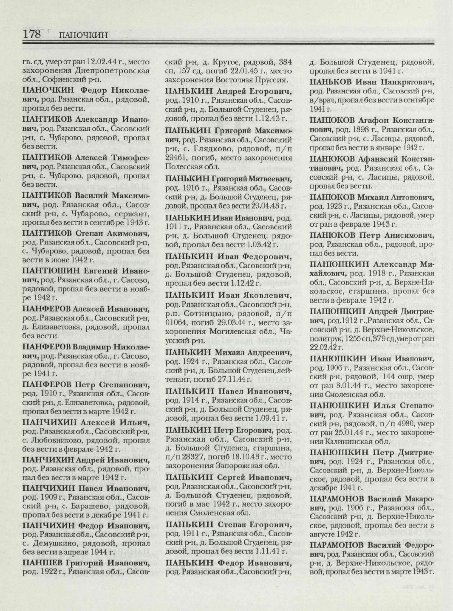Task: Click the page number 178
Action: pos(32,34)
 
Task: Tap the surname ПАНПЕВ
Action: pos(42,563)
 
